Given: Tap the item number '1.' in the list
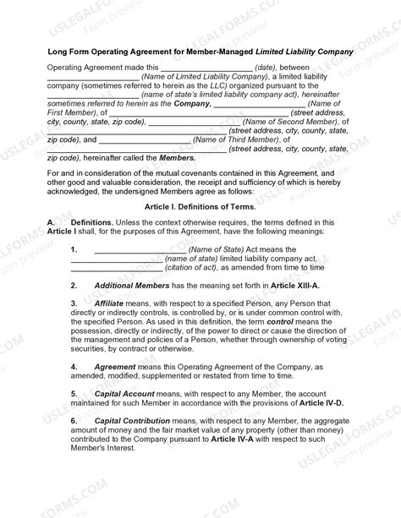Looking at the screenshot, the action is point(74,249).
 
